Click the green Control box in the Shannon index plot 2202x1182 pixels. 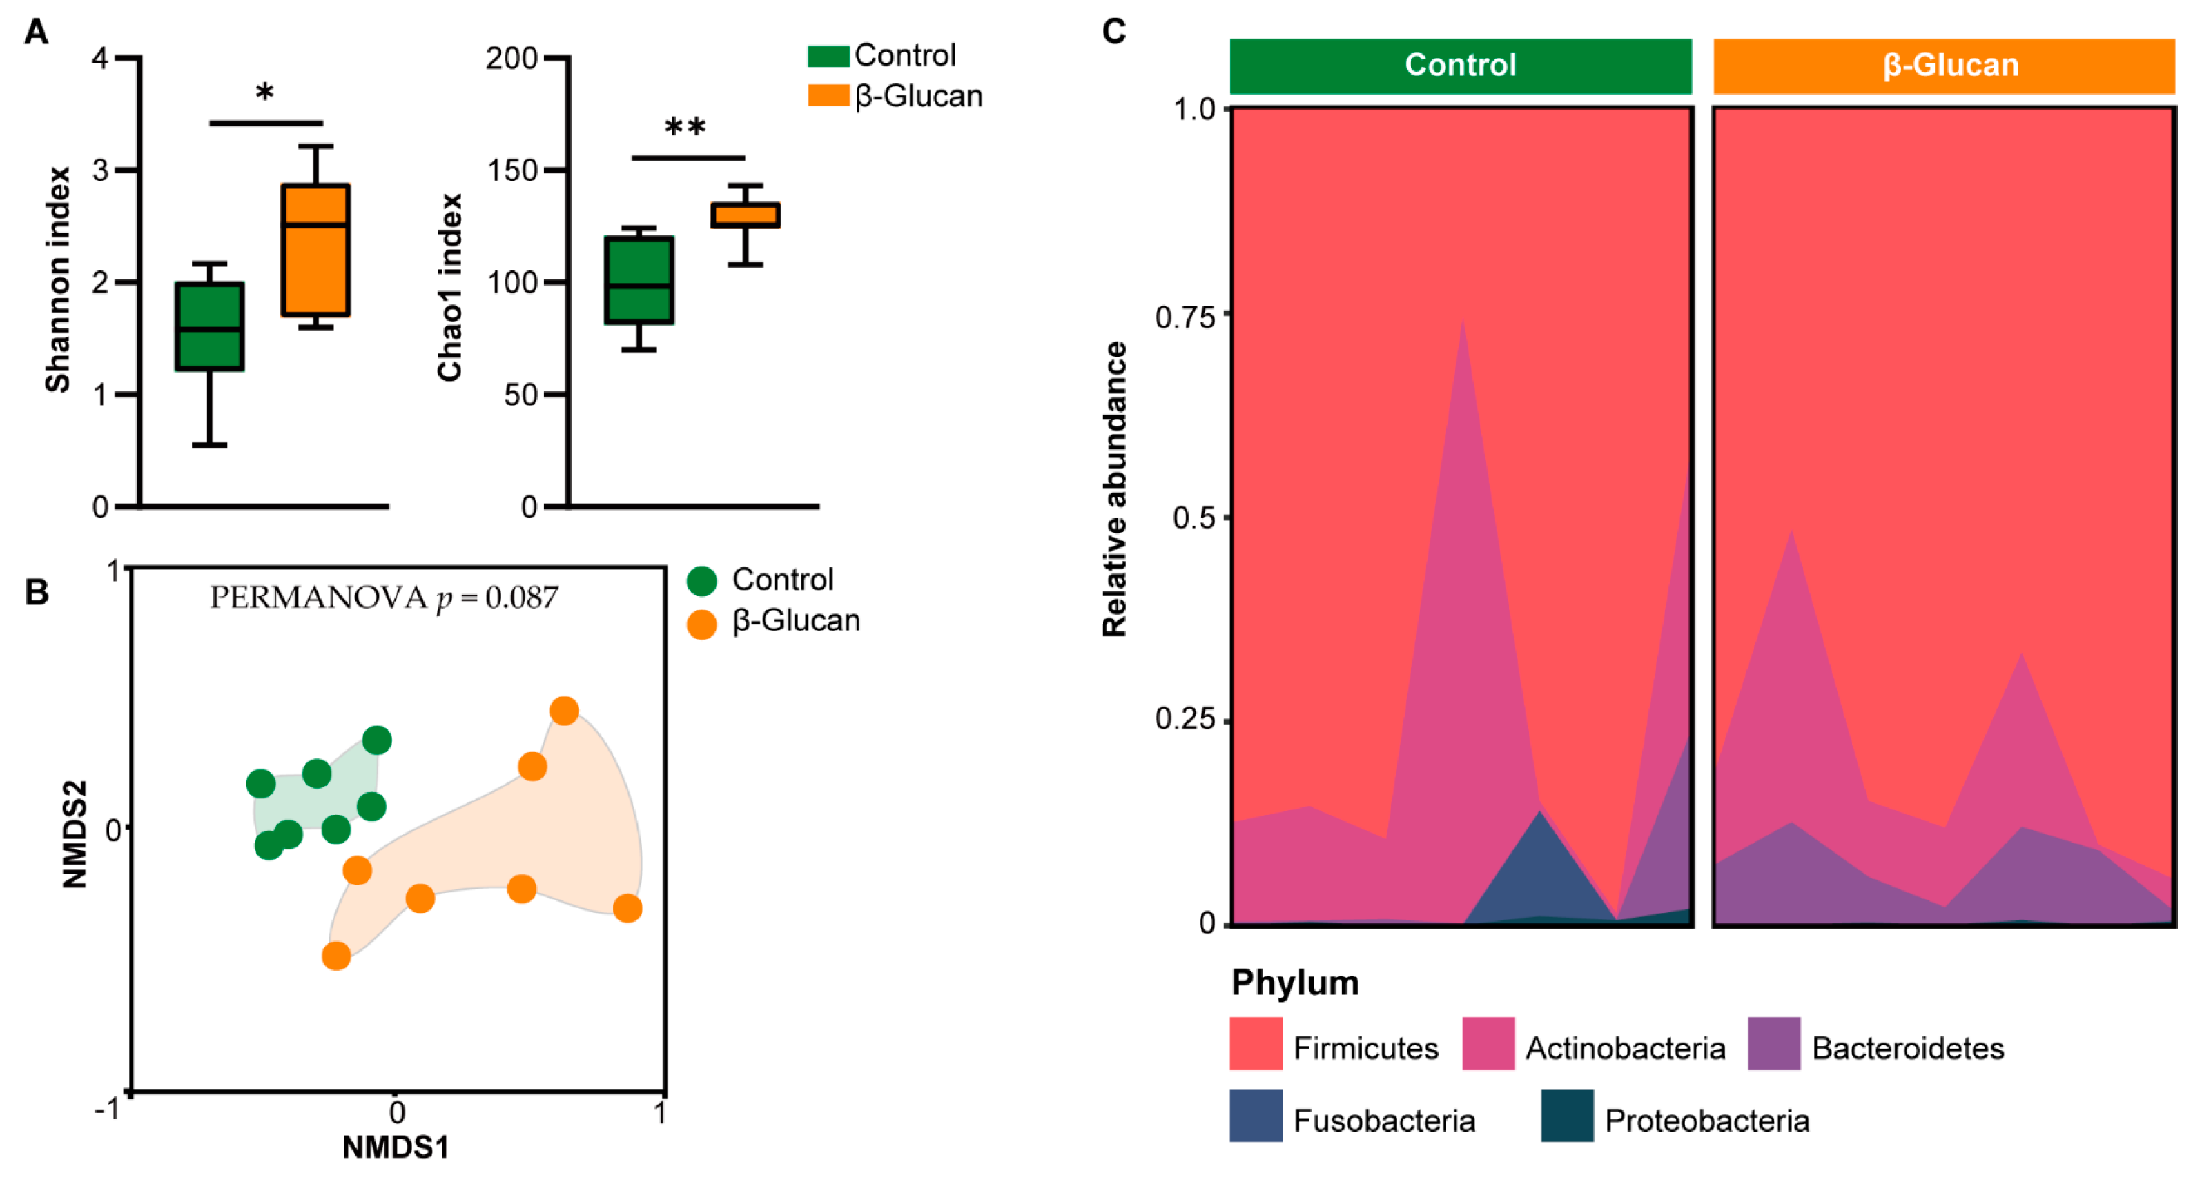(x=209, y=326)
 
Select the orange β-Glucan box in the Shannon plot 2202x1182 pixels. (x=315, y=250)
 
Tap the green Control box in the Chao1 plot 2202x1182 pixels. (x=639, y=280)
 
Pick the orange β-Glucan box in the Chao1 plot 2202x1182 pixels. (x=746, y=215)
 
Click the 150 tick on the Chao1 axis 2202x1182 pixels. (x=512, y=170)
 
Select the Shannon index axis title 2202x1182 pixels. (x=58, y=279)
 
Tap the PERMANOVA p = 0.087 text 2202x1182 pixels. (x=384, y=598)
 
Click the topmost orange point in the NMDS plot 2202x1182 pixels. (x=564, y=710)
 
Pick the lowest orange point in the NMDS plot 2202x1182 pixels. (x=336, y=956)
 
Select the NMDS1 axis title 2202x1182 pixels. (x=395, y=1147)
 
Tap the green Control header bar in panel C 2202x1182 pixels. (x=1460, y=66)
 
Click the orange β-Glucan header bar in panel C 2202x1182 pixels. (x=1944, y=66)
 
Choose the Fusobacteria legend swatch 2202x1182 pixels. (x=1256, y=1115)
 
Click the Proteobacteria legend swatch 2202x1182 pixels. (x=1567, y=1115)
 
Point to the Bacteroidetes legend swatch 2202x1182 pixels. (x=1774, y=1043)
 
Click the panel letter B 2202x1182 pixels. (x=37, y=591)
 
